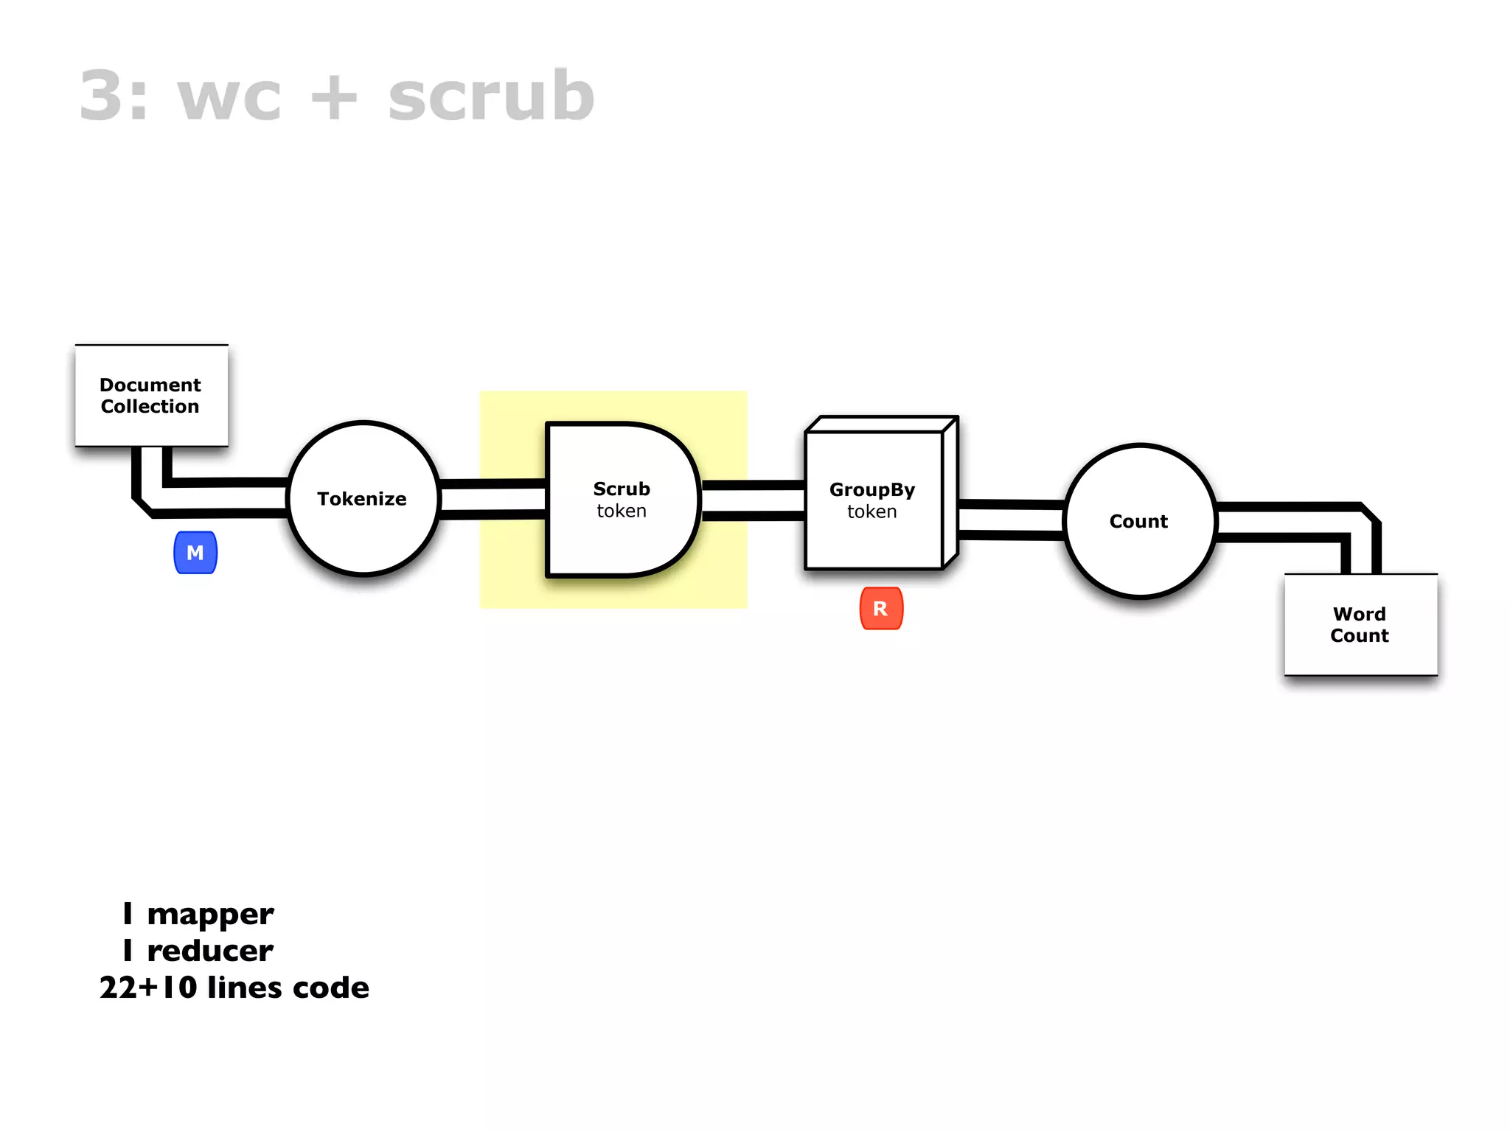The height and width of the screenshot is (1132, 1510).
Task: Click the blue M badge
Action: pos(195,553)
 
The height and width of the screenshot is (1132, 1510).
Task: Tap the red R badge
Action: pos(881,609)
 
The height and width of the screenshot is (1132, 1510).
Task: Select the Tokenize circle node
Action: pos(363,499)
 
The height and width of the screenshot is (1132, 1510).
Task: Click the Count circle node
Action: pos(1139,522)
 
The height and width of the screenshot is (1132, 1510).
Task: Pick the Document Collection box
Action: pos(151,396)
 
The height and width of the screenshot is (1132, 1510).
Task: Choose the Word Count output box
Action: pos(1360,625)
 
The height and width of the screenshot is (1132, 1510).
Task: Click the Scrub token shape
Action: pos(621,500)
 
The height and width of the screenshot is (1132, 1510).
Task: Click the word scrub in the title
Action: pos(491,96)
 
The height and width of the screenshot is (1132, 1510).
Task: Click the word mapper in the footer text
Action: pos(210,915)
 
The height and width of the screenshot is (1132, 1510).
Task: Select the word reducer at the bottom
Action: pos(210,951)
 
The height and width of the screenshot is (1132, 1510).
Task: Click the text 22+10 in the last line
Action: pos(148,988)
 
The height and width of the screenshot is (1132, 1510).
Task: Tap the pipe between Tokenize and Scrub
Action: pos(493,499)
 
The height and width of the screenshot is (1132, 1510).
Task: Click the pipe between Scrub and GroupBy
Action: pos(752,500)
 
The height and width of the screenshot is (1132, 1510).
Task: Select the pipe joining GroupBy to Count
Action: pos(1011,520)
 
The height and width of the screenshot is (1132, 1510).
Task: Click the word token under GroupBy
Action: pos(871,511)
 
